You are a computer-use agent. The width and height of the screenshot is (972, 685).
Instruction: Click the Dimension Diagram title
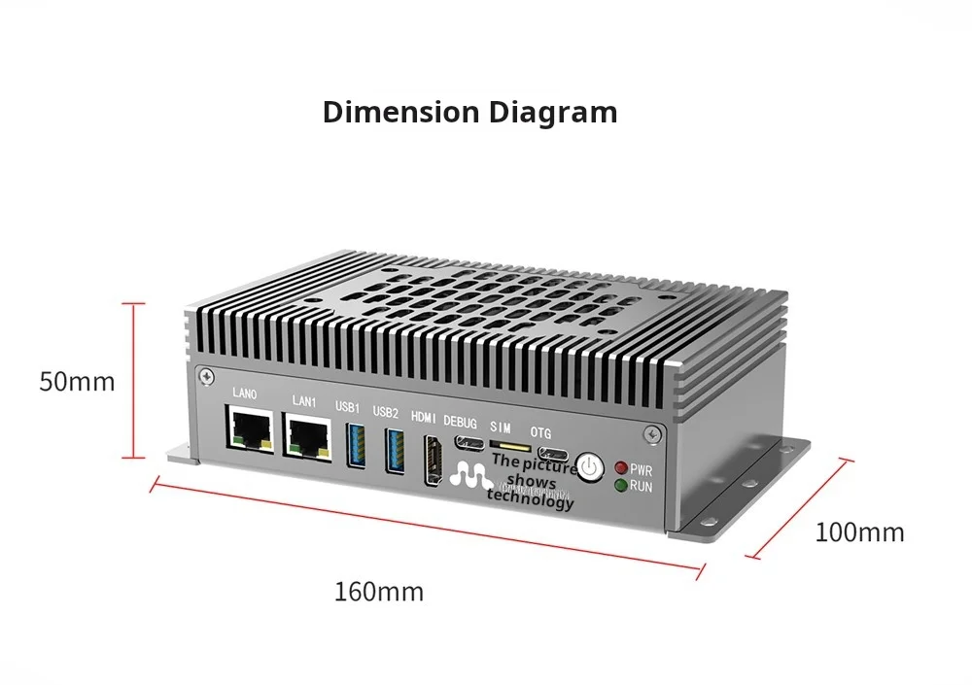coord(469,112)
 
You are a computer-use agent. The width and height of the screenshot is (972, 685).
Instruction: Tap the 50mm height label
coord(77,381)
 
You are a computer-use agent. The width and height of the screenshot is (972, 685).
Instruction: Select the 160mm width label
coord(379,591)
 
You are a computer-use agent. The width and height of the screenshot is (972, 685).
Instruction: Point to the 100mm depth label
coord(859,532)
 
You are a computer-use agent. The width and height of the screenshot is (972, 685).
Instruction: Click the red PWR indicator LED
coord(619,468)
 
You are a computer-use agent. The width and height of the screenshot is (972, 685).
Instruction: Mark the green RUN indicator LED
coord(619,485)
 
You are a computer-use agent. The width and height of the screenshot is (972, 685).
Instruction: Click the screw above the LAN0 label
coord(205,375)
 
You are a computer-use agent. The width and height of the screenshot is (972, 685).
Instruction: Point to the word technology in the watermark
coord(531,501)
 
